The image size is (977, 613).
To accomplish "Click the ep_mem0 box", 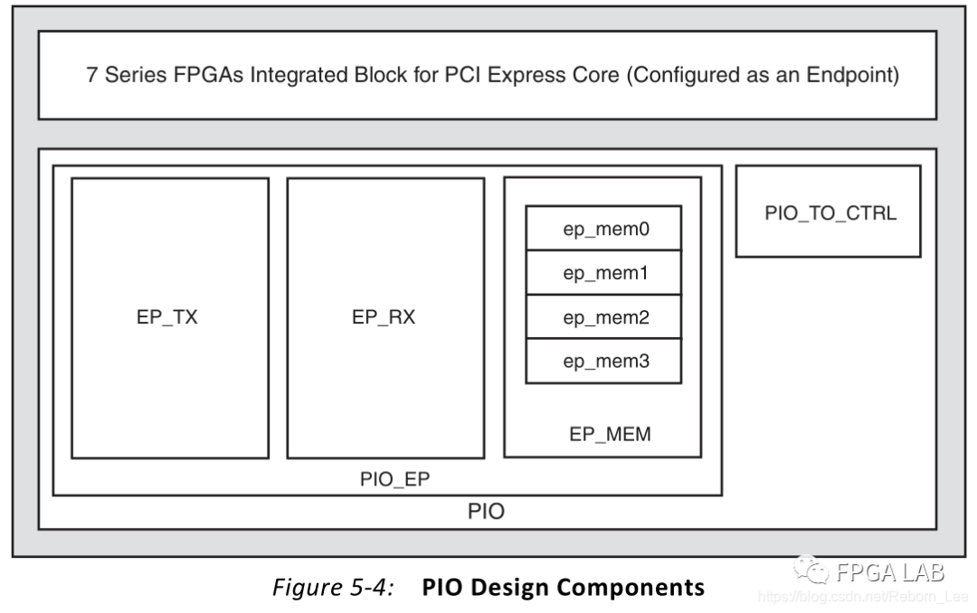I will [x=603, y=229].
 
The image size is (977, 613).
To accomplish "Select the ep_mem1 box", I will [x=603, y=273].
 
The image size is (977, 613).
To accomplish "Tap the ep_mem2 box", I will [x=603, y=317].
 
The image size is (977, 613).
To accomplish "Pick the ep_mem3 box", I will [x=603, y=362].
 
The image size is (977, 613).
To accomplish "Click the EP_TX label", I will [x=168, y=317].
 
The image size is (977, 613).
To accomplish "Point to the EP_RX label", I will [x=384, y=317].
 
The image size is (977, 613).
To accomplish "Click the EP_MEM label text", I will [x=610, y=435].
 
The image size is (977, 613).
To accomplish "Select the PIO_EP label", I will [x=389, y=479].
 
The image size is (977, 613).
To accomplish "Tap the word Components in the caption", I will [x=631, y=588].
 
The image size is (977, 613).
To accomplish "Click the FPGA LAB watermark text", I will [x=890, y=572].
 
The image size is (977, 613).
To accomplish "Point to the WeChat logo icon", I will [x=812, y=571].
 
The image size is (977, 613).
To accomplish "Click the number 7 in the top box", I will [x=92, y=75].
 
